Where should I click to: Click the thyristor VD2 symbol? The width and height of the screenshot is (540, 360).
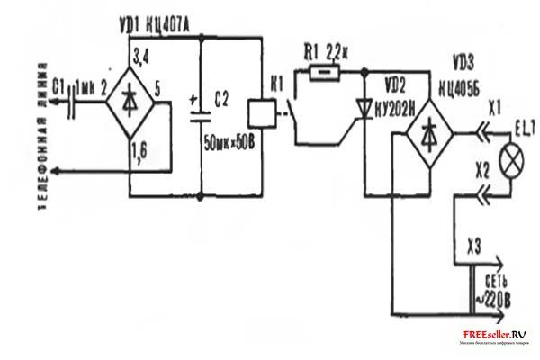(x=364, y=109)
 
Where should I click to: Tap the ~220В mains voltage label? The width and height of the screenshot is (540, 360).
(x=499, y=297)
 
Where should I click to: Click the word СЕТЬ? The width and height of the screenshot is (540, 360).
(x=499, y=281)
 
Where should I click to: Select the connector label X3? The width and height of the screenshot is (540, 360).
(x=476, y=245)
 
